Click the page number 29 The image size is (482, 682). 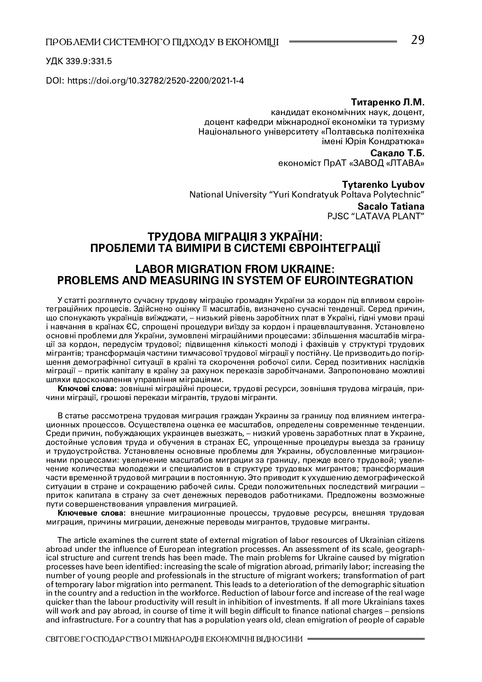[417, 40]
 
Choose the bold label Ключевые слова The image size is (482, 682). [91, 513]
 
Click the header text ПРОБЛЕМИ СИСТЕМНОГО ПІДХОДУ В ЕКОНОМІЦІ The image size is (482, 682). [162, 42]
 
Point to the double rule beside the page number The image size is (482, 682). [343, 41]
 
